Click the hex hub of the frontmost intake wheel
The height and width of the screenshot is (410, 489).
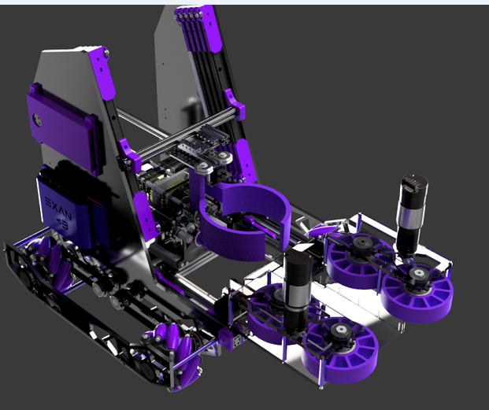pyautogui.click(x=341, y=334)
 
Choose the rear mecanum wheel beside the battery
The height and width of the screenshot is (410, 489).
pyautogui.click(x=42, y=257)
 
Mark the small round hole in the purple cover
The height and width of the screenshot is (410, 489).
pyautogui.click(x=35, y=120)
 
